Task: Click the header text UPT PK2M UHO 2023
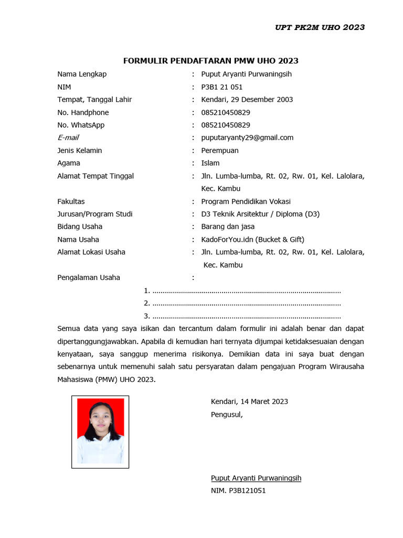(x=320, y=27)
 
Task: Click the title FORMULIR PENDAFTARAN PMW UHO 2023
(x=210, y=61)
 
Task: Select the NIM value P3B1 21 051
(x=222, y=87)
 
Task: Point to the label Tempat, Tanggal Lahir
(x=94, y=100)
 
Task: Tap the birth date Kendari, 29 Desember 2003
(x=247, y=100)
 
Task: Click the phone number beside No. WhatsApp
(x=226, y=125)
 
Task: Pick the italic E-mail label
(x=68, y=138)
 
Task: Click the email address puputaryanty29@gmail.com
(x=247, y=138)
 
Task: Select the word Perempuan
(x=220, y=151)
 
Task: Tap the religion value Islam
(x=210, y=163)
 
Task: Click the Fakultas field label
(x=71, y=202)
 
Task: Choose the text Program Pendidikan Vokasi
(x=246, y=202)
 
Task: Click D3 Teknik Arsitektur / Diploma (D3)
(x=260, y=214)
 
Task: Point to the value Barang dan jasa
(x=228, y=227)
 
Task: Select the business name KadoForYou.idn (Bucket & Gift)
(x=252, y=240)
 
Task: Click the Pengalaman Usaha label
(x=89, y=278)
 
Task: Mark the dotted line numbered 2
(x=246, y=304)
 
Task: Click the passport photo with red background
(x=100, y=431)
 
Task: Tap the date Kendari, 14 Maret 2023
(x=249, y=402)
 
